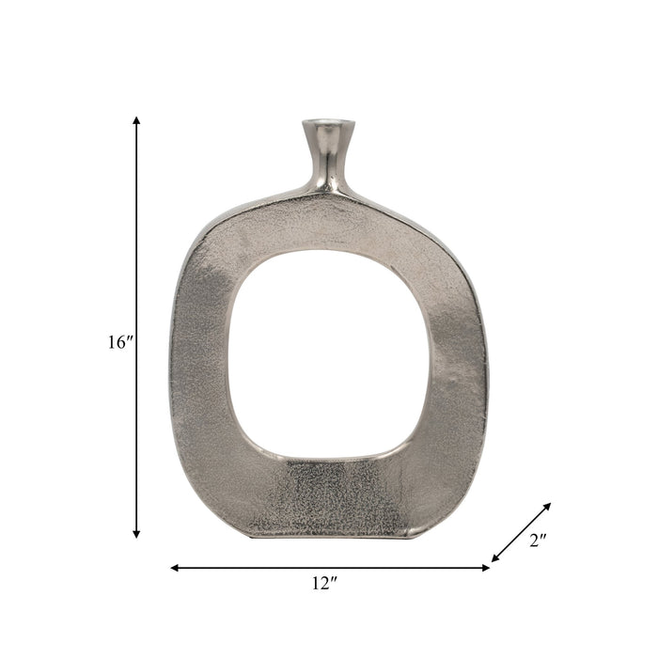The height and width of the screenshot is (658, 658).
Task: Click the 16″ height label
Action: pyautogui.click(x=121, y=343)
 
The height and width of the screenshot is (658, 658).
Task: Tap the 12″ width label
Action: pyautogui.click(x=323, y=584)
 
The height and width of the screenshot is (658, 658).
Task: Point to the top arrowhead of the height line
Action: pyautogui.click(x=136, y=120)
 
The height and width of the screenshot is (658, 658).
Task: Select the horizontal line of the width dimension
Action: pyautogui.click(x=329, y=568)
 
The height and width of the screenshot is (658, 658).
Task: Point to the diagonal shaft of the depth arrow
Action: pyautogui.click(x=521, y=532)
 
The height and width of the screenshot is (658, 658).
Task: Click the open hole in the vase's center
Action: pyautogui.click(x=329, y=352)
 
